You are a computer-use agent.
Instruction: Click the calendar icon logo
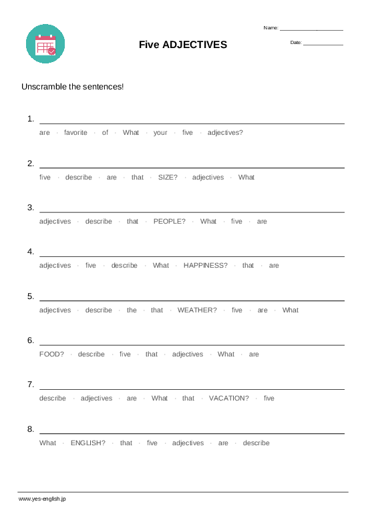(45, 44)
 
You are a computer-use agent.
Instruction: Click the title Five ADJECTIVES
(183, 45)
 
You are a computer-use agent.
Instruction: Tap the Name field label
(270, 28)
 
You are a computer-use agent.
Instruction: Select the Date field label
(296, 43)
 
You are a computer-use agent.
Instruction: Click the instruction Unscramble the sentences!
(73, 87)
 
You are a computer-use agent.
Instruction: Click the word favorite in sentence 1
(75, 133)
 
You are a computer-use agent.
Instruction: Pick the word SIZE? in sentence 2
(168, 178)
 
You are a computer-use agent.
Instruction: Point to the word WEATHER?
(197, 310)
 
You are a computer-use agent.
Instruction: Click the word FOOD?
(51, 354)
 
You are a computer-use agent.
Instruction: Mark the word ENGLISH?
(87, 443)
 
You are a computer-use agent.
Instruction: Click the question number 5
(31, 296)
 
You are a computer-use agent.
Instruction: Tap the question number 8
(31, 429)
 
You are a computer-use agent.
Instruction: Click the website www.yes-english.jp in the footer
(42, 499)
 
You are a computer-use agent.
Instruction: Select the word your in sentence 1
(160, 133)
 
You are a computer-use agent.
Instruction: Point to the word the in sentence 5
(132, 310)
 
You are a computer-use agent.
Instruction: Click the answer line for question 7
(192, 388)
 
